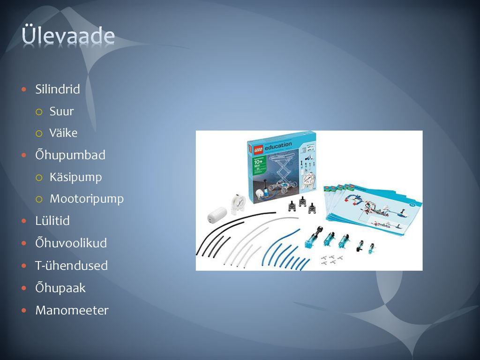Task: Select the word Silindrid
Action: (x=58, y=89)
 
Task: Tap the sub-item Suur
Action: (x=61, y=111)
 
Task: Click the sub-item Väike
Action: (x=63, y=133)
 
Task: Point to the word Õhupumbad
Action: (x=70, y=155)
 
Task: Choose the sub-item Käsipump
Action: (x=75, y=177)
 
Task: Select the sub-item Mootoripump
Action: (x=87, y=199)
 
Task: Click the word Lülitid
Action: (x=52, y=221)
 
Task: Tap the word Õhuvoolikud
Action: (x=71, y=243)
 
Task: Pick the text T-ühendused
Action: (x=71, y=265)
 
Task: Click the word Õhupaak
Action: (x=60, y=288)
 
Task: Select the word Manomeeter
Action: (x=72, y=310)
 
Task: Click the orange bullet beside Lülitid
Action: (x=24, y=221)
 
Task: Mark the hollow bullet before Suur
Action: (x=38, y=112)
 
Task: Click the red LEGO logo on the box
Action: (x=258, y=149)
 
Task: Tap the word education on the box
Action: (x=278, y=146)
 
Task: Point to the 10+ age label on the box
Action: (x=258, y=161)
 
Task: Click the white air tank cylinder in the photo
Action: (x=217, y=214)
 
